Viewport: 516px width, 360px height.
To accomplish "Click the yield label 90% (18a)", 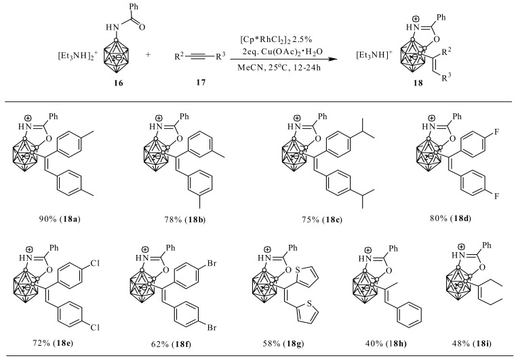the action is (x=60, y=220).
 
